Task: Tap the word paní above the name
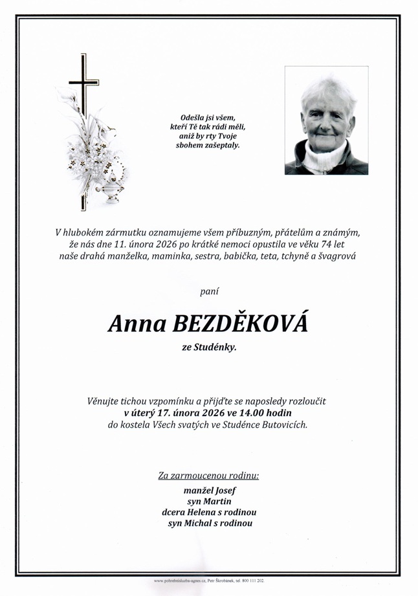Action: [x=209, y=292]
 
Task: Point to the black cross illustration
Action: [x=83, y=84]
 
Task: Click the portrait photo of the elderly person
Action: [x=326, y=120]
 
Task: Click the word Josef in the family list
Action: [x=222, y=491]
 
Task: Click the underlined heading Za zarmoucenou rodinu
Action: [x=208, y=476]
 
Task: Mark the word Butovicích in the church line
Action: [x=283, y=425]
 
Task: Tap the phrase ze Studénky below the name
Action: [x=209, y=348]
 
